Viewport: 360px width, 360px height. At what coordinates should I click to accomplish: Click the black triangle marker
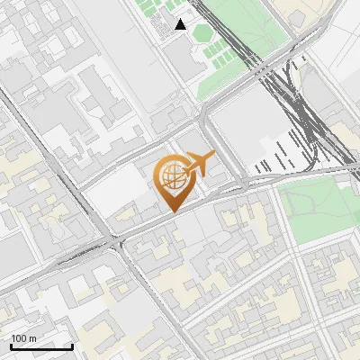click(x=181, y=24)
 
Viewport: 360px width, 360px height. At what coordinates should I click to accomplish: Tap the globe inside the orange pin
click(x=171, y=176)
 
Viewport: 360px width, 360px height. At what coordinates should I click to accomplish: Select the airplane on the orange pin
click(x=200, y=162)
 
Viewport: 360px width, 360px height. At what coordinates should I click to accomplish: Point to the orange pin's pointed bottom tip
click(x=172, y=211)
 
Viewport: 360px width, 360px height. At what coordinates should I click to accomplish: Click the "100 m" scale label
click(x=24, y=338)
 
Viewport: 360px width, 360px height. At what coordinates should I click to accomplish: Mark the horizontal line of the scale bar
click(x=41, y=346)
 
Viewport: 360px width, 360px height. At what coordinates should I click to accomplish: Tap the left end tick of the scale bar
click(x=11, y=345)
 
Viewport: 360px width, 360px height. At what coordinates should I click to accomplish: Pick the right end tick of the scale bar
click(x=72, y=345)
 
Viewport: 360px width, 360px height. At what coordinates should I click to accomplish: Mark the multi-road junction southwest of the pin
click(x=115, y=241)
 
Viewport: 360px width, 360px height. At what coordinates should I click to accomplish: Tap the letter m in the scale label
click(x=32, y=338)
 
